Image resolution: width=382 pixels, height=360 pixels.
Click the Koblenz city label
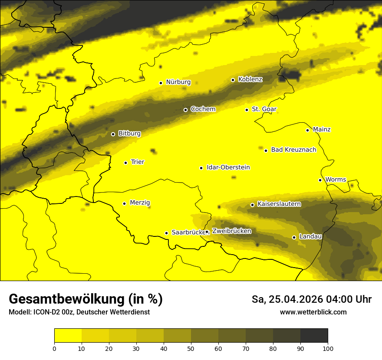pos(250,79)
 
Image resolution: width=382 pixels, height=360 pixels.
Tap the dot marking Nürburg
pos(161,83)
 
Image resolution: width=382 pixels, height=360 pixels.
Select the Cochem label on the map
pos(203,109)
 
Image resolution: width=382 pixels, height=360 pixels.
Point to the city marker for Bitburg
pos(113,134)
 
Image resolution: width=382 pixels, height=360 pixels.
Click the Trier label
pos(137,162)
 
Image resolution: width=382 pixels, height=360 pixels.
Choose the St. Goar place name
pos(264,109)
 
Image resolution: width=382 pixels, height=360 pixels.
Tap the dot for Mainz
pos(307,130)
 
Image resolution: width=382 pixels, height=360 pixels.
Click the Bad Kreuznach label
pos(293,150)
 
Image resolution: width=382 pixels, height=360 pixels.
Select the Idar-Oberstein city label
pos(228,167)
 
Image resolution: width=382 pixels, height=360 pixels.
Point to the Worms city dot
pos(320,180)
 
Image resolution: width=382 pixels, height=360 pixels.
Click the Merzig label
pos(140,203)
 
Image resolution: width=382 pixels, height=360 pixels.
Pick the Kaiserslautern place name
pos(279,204)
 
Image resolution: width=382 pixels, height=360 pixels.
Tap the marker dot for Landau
pos(294,237)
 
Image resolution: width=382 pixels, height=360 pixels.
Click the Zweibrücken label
pos(231,231)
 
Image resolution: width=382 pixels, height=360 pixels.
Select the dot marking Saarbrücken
pos(166,233)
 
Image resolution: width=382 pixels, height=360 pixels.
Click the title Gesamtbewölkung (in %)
pos(86,299)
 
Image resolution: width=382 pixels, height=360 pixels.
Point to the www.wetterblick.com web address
pos(313,312)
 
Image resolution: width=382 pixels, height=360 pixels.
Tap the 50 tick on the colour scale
pos(191,348)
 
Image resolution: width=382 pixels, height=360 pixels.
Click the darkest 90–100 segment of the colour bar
pos(314,335)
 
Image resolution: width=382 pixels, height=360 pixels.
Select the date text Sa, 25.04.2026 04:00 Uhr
pos(311,299)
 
